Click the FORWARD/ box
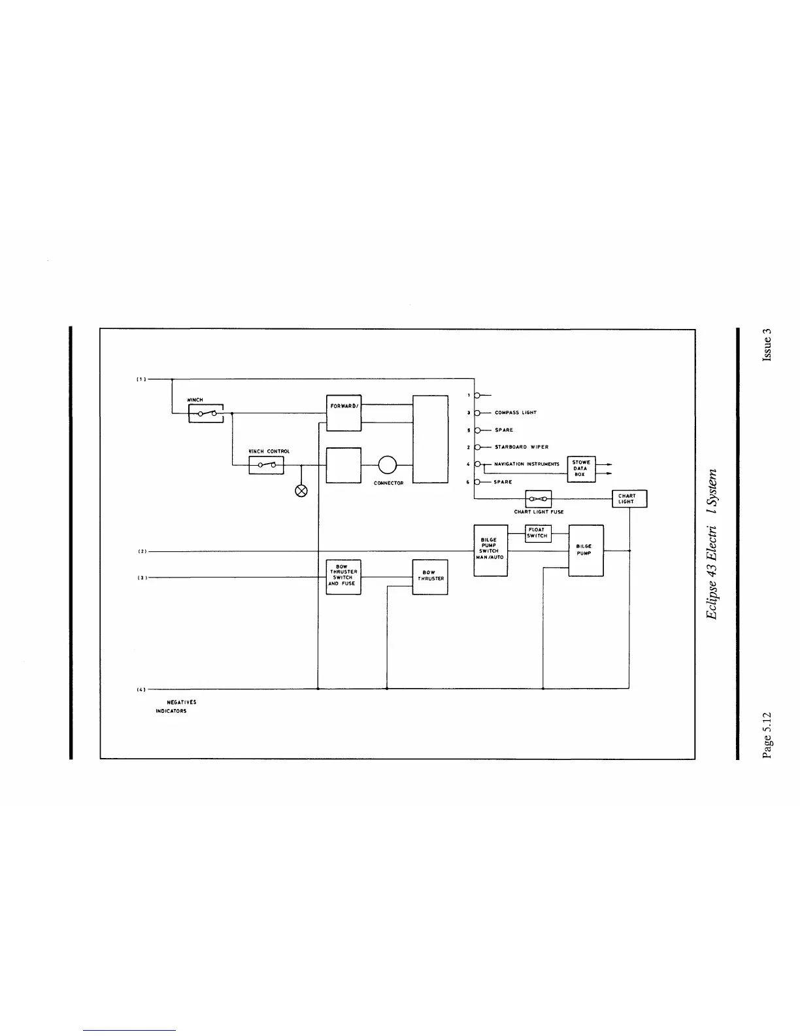coord(343,413)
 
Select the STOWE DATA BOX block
coord(581,468)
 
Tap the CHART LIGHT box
coord(629,499)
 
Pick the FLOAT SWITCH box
coord(538,533)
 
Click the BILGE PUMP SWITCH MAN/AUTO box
coord(490,551)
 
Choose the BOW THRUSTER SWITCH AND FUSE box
coord(343,577)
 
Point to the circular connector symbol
coord(387,464)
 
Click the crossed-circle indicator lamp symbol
coord(301,490)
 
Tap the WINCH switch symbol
coord(206,413)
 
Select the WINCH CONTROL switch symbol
coord(266,465)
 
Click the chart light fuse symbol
coord(539,499)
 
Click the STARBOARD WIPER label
coord(521,447)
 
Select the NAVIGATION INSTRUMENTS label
coord(526,464)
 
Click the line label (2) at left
coord(142,551)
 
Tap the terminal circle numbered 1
coord(478,396)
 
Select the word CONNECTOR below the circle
coord(388,483)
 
